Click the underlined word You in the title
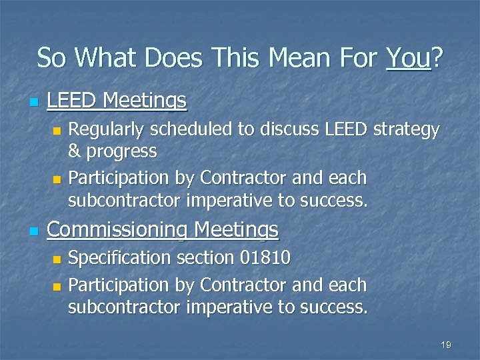point(408,58)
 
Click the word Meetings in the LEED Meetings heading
point(145,101)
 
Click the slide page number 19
point(446,345)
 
